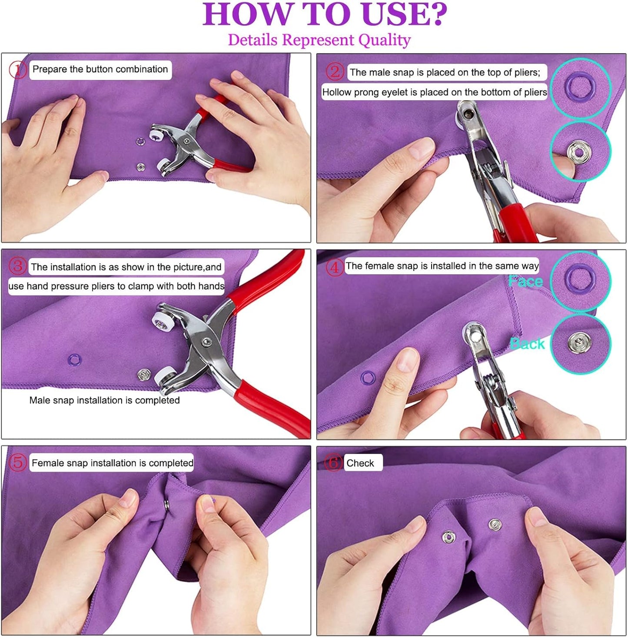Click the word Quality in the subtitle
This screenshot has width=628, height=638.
tap(384, 40)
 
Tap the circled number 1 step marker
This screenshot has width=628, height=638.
tap(18, 70)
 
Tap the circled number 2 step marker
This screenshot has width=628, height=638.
tap(335, 72)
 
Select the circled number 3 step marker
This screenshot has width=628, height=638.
tap(17, 266)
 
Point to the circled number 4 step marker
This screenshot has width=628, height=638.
tap(335, 267)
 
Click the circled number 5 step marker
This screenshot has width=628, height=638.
tap(17, 462)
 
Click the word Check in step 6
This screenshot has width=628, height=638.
tap(360, 463)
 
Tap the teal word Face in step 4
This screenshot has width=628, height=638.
tap(525, 282)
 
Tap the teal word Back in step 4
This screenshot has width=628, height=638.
tap(527, 344)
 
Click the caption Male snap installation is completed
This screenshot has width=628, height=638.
tap(104, 400)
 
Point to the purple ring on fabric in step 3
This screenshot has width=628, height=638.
tap(75, 359)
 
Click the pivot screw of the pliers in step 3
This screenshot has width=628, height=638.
tap(207, 342)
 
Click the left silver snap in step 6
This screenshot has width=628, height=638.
tap(449, 537)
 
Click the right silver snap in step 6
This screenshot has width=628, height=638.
tap(495, 525)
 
